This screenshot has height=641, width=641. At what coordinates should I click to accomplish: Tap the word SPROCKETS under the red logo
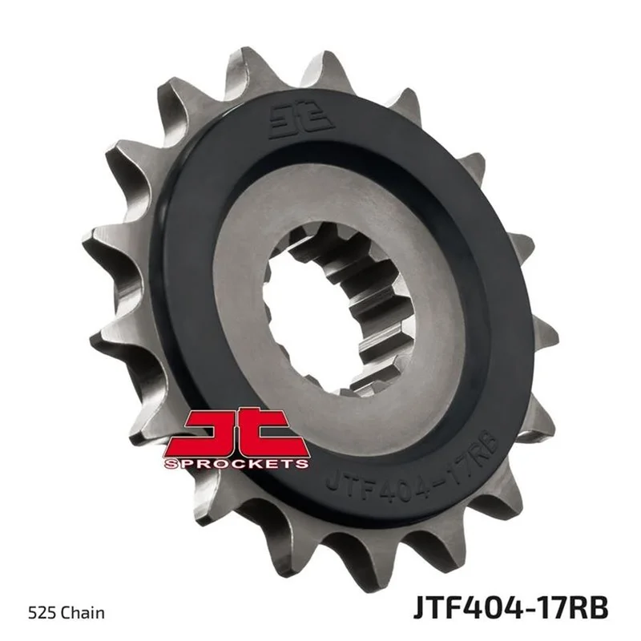point(236,464)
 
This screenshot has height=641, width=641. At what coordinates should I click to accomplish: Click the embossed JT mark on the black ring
point(302,121)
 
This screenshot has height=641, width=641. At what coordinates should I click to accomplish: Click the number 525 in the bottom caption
point(41,613)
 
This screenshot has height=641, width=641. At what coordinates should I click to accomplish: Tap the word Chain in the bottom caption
point(81,613)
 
